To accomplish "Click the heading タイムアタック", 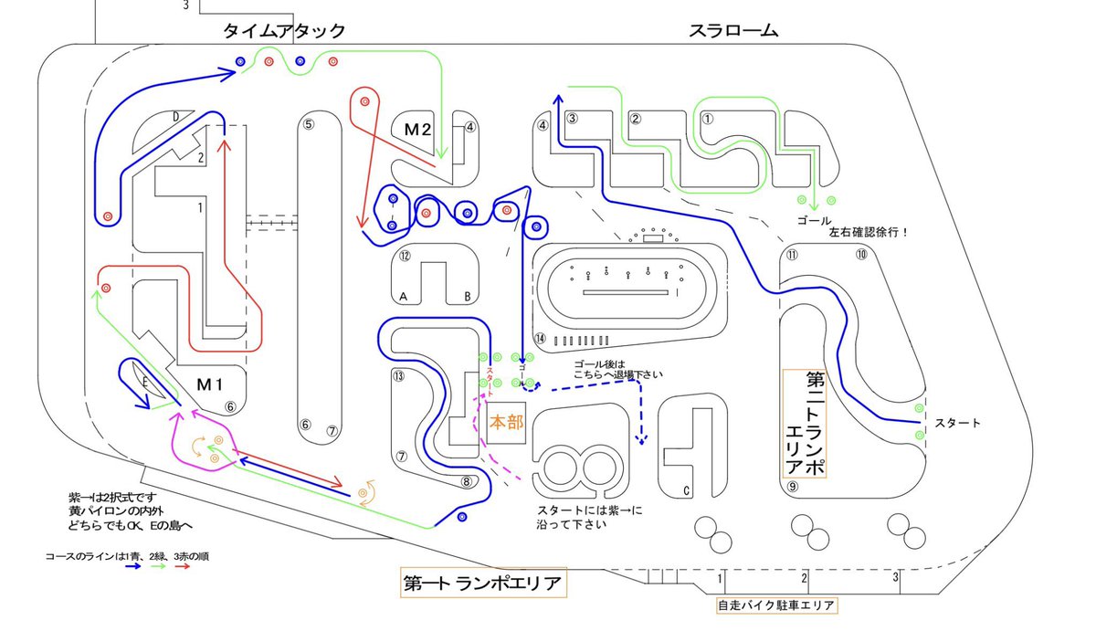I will point(285,30).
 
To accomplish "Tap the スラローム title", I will point(732,30).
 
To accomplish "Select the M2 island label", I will point(417,130).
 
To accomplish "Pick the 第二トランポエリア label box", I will point(805,423).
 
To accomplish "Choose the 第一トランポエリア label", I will point(484,583).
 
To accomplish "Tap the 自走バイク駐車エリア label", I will point(775,605).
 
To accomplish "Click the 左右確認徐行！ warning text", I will point(868,233).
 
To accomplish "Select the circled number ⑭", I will point(540,339).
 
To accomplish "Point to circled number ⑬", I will point(397,375).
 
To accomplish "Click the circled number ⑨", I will point(793,487).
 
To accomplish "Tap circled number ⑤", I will point(309,125).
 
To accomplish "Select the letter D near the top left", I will point(174,116).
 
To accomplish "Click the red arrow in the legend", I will point(182,566).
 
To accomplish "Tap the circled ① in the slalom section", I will point(706,117).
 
